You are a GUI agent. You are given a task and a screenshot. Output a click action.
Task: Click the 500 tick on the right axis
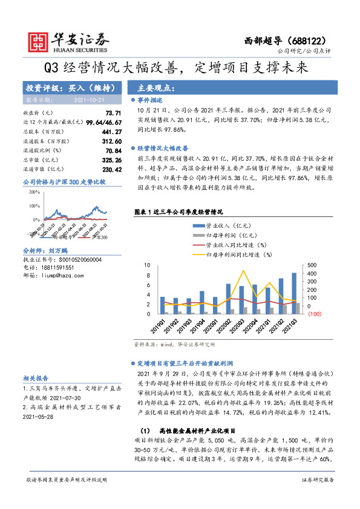click(312, 265)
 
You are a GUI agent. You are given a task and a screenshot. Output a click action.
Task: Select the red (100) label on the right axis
click(314, 314)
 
